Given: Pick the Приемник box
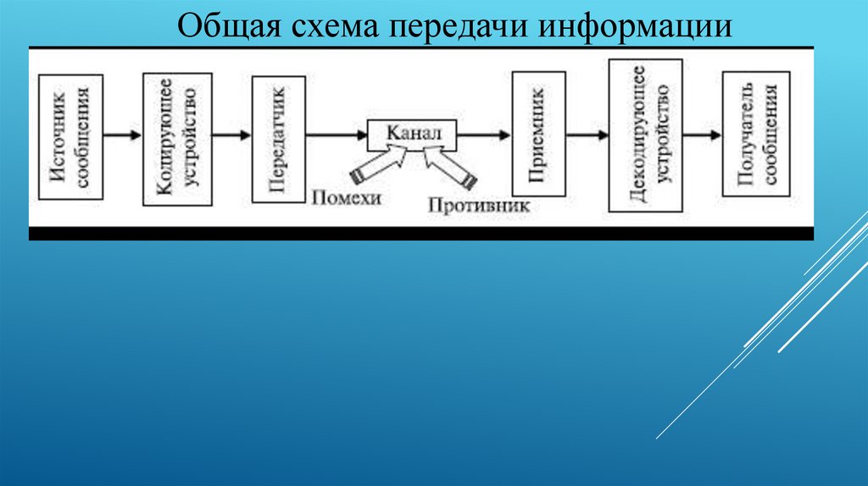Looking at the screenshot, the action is [x=537, y=135].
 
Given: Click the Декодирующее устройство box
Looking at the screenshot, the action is [x=646, y=135].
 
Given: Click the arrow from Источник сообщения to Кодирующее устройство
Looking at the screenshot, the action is [x=123, y=135].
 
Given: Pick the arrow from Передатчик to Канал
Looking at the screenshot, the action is [x=336, y=135].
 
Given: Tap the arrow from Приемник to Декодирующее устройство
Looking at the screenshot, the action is [x=587, y=135].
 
